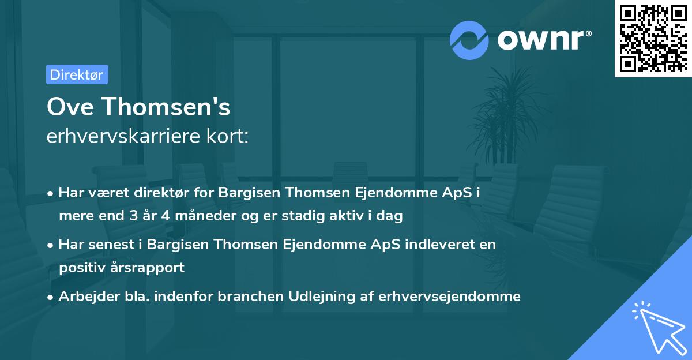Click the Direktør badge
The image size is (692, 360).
pyautogui.click(x=77, y=74)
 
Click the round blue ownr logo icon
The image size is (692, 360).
pyautogui.click(x=469, y=40)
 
